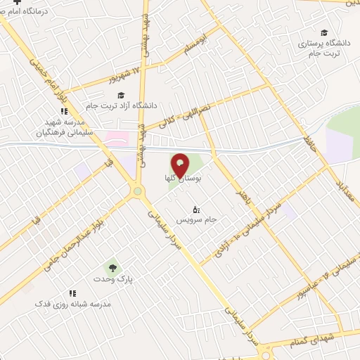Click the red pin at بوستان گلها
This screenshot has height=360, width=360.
[x=181, y=164]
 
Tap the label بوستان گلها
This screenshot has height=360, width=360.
[x=181, y=181]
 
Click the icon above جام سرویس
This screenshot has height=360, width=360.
[x=196, y=210]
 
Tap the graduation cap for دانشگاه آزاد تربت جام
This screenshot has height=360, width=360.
[x=120, y=96]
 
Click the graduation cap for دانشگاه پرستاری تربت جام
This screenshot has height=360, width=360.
[x=324, y=32]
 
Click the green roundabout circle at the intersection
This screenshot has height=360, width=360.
[x=138, y=191]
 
